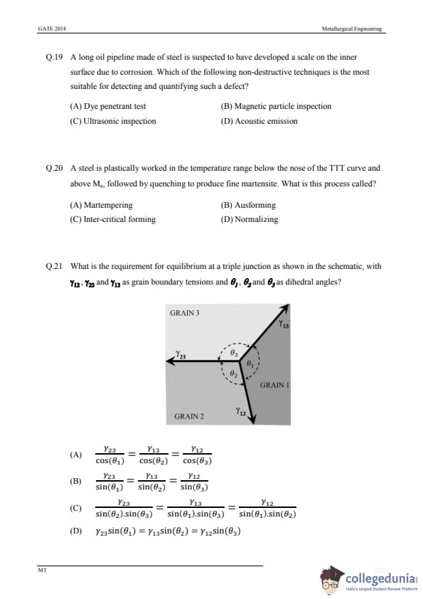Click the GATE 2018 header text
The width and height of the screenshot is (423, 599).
52,28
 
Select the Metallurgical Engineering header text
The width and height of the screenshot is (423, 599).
352,28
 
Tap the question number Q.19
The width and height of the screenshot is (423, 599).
54,58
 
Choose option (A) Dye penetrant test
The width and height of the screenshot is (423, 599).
107,106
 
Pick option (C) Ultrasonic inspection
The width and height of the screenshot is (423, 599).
113,121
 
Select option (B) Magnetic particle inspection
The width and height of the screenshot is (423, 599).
276,106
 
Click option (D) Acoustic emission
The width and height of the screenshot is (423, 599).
259,121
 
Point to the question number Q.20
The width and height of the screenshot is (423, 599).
54,168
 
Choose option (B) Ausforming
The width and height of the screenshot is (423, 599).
248,205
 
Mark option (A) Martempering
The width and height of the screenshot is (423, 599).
101,205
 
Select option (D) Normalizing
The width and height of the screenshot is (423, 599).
250,219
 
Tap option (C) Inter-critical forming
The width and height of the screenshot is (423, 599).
112,219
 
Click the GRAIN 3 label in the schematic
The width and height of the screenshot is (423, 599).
185,313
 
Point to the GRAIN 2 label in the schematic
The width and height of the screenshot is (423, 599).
189,416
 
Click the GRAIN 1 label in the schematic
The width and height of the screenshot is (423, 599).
274,385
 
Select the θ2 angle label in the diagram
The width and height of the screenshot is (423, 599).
234,373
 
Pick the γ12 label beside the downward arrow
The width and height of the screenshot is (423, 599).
240,412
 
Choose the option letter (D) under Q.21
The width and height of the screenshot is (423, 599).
75,531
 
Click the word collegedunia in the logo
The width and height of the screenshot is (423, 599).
380,578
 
